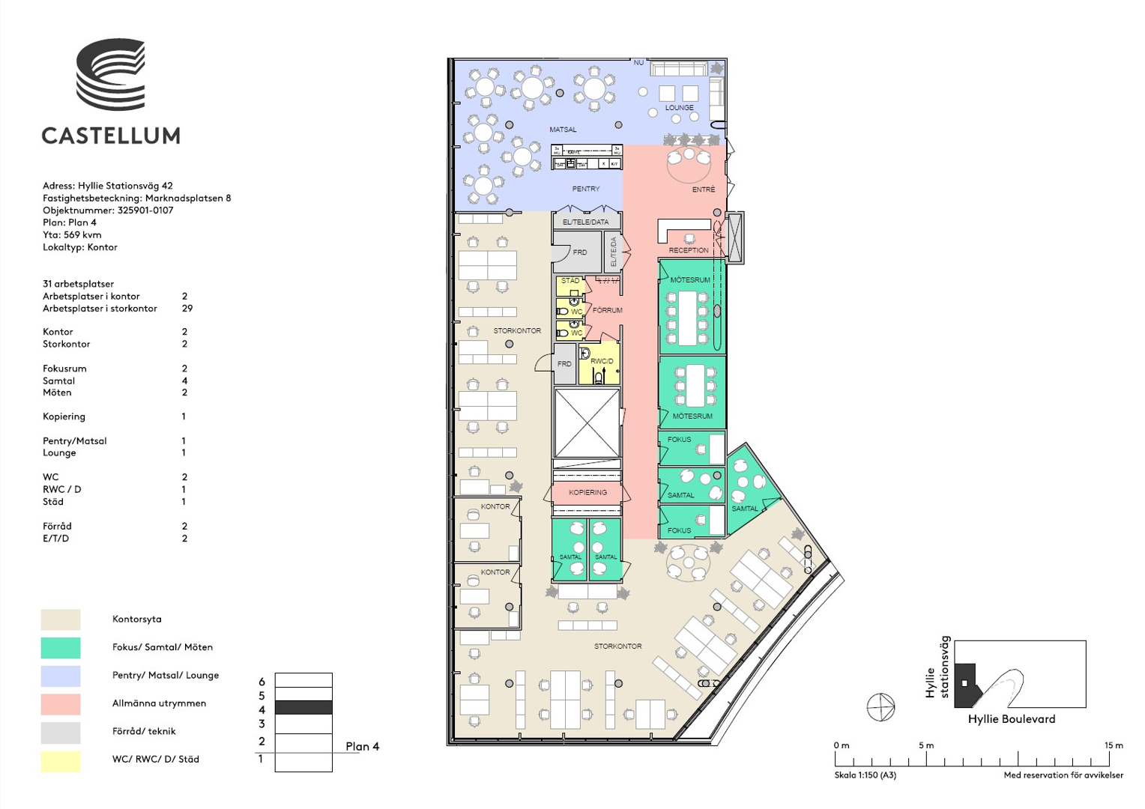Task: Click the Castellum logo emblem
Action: pos(110,74)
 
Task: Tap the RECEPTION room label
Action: pos(688,250)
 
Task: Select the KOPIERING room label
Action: pos(587,492)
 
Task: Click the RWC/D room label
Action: pos(602,361)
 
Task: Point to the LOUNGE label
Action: pos(679,108)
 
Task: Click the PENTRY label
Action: pos(585,189)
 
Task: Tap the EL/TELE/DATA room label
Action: pos(585,222)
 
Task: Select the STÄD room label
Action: pos(570,281)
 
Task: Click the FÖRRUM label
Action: pos(607,310)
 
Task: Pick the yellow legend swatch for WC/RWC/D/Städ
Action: pos(61,760)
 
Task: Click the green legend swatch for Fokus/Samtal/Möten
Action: pos(61,647)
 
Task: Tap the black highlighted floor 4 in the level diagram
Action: pos(303,708)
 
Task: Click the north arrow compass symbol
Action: pos(880,706)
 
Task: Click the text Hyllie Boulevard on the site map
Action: pos(1011,719)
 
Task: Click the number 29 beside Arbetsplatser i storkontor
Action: pos(187,309)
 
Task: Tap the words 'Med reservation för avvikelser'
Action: pos(1063,775)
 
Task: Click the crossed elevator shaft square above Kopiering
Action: pos(587,422)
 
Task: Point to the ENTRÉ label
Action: pos(703,190)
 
